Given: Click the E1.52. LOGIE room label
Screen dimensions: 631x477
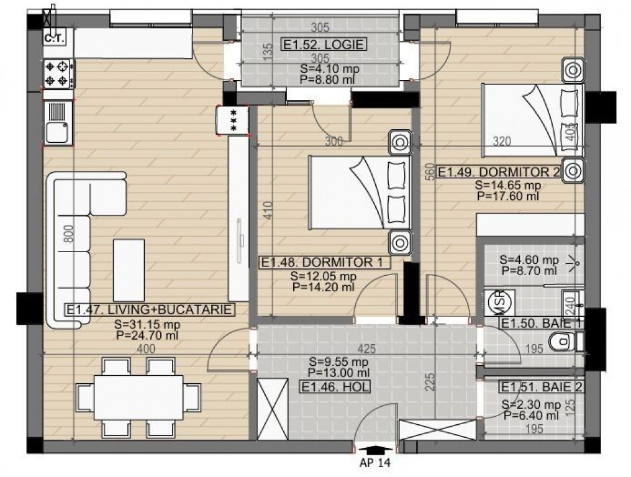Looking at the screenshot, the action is click(x=324, y=44).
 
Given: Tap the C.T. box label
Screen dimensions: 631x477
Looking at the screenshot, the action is click(x=54, y=39).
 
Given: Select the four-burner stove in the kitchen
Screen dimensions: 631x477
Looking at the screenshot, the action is click(x=58, y=74).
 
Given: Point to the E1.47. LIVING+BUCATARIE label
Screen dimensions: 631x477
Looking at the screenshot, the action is click(x=149, y=309).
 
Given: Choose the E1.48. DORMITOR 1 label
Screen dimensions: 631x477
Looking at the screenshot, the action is click(x=324, y=263).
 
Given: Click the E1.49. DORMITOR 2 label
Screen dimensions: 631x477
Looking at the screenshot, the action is click(x=499, y=172).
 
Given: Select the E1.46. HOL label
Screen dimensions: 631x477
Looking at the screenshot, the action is click(x=335, y=387).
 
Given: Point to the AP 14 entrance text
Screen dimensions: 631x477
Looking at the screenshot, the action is click(x=375, y=463).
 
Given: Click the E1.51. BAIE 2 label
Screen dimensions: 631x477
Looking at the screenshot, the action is click(x=542, y=387).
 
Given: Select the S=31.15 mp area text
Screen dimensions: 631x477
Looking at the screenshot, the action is click(x=147, y=324).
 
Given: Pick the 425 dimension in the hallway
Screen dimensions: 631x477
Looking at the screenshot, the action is click(x=366, y=348).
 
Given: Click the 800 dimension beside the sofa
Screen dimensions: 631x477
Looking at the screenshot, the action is click(x=69, y=234).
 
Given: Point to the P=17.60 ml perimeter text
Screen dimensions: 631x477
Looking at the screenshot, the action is click(x=508, y=196).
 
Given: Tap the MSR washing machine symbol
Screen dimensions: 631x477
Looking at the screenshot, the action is click(x=499, y=301).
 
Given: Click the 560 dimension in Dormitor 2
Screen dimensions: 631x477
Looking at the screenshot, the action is click(x=430, y=171).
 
